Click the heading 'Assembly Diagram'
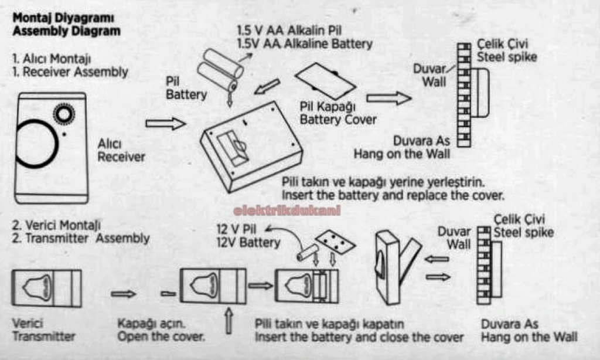tap(66, 31)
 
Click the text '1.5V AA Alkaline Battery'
tap(304, 44)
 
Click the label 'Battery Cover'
tap(338, 120)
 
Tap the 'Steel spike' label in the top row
tap(507, 57)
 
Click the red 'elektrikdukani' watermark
tap(287, 210)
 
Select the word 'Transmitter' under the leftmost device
tap(44, 337)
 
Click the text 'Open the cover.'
tap(161, 337)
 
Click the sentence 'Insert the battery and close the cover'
tap(359, 337)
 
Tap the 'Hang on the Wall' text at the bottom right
tap(529, 337)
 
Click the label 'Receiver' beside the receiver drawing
tap(121, 157)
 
